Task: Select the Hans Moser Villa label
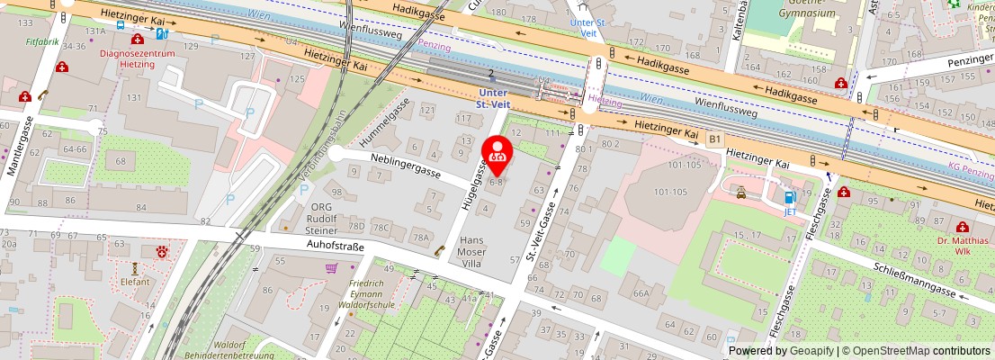(472, 252)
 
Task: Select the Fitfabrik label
(42, 41)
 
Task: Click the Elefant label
(135, 282)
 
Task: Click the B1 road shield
(715, 139)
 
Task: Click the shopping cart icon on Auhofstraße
(331, 267)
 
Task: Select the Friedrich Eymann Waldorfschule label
(372, 295)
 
